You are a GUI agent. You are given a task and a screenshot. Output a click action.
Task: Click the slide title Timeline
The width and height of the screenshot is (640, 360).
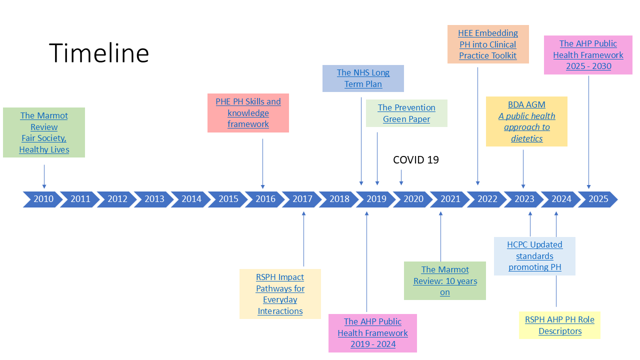[x=99, y=52]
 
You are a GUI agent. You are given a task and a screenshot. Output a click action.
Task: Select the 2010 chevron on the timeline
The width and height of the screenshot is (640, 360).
[x=43, y=199]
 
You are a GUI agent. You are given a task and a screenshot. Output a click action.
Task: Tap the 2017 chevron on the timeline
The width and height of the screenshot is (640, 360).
[x=302, y=199]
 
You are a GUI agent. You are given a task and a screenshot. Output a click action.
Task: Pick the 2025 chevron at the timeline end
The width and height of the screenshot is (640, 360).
[x=598, y=199]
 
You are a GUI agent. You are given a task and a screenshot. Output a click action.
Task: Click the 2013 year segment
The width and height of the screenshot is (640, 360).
[x=154, y=199]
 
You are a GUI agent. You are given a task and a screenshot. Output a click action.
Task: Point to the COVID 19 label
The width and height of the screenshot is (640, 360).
[x=416, y=160]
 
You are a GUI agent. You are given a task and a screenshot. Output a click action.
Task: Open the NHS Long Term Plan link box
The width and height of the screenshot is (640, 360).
[x=363, y=78]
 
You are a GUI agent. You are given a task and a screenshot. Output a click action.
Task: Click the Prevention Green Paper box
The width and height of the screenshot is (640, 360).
[x=406, y=113]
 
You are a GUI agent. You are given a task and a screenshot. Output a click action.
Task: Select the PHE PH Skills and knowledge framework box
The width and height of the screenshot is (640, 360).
[x=248, y=113]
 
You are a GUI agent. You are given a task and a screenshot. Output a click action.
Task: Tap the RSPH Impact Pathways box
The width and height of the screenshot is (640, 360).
[x=280, y=294]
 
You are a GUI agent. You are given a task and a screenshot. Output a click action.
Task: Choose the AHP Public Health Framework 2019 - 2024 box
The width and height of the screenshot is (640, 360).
[x=372, y=333]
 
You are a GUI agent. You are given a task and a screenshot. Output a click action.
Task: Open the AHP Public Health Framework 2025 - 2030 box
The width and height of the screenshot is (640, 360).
[x=588, y=55]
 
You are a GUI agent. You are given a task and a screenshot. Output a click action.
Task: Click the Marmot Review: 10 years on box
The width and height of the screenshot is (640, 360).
[x=445, y=281]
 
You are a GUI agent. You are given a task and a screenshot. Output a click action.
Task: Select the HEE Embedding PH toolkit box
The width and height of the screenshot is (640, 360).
[x=488, y=44]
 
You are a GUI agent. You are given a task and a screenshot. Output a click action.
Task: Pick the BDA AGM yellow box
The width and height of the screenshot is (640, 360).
[x=526, y=121]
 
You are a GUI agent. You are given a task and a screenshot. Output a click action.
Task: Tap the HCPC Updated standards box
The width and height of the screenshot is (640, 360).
[x=534, y=256]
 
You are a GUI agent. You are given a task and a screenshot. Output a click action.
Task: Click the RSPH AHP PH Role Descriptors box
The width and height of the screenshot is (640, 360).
[x=559, y=325]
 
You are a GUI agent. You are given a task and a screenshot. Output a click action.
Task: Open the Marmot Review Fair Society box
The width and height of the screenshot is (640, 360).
[x=44, y=132]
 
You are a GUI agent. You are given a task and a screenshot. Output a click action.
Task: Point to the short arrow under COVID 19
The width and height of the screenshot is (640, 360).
[x=401, y=177]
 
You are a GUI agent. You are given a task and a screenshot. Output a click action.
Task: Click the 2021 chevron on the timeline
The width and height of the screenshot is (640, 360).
[x=450, y=199]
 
